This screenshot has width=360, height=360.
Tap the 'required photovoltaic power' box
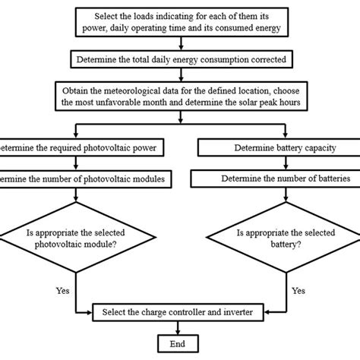[76, 147]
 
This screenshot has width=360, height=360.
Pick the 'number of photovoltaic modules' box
[76, 179]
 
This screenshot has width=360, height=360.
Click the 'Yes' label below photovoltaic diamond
[64, 289]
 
